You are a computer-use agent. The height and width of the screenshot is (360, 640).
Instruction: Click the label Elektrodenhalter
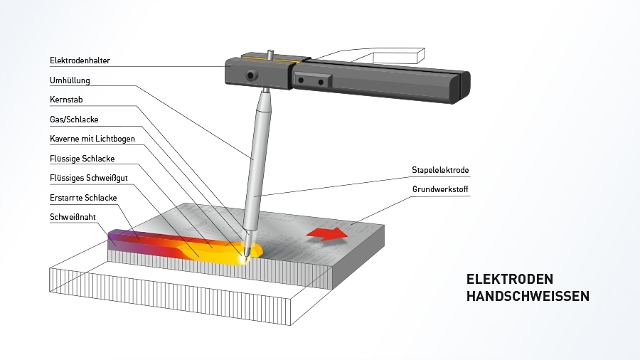click(x=80, y=61)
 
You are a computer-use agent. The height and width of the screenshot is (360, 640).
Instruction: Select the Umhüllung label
click(x=70, y=80)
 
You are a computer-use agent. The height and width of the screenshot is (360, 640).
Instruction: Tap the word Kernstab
click(x=66, y=100)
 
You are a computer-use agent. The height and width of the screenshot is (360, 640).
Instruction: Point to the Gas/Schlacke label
click(x=74, y=120)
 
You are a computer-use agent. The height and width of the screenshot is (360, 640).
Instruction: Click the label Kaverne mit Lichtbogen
click(x=92, y=139)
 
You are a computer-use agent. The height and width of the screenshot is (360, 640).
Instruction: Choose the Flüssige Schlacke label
click(x=82, y=158)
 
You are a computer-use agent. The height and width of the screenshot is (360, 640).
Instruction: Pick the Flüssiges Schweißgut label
click(x=88, y=177)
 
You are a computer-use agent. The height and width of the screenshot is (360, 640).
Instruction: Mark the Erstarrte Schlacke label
click(x=83, y=197)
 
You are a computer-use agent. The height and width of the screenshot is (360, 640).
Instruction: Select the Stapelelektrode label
click(x=440, y=170)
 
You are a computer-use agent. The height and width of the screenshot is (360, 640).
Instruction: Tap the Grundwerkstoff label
click(x=440, y=189)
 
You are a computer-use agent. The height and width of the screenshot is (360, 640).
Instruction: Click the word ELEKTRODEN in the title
click(x=509, y=279)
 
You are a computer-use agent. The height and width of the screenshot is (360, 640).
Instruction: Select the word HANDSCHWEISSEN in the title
click(x=528, y=296)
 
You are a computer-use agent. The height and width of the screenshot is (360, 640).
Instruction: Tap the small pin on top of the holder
click(x=270, y=53)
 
